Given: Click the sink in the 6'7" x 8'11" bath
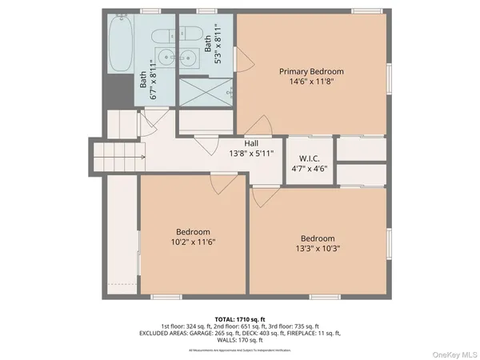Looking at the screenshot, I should (x=165, y=58).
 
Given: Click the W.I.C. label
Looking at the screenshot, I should (x=310, y=158).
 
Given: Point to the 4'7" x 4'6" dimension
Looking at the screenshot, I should (x=310, y=168).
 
